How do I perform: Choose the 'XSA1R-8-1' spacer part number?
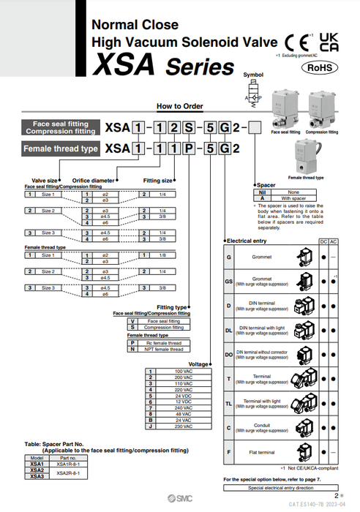tap(67, 464)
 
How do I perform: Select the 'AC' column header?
tap(334, 241)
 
